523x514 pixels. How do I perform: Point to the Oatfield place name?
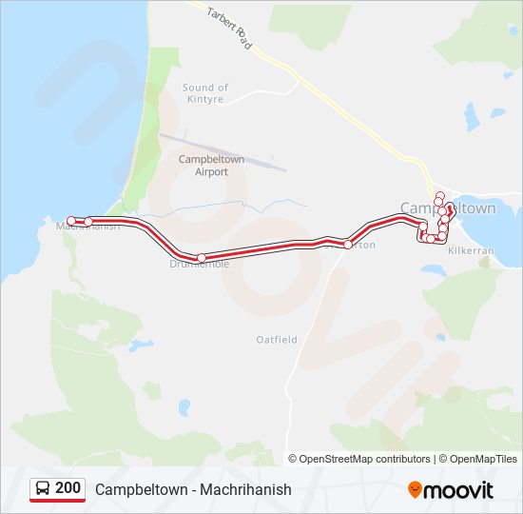tap(277, 339)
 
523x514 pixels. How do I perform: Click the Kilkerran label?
tap(473, 248)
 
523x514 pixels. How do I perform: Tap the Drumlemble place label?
tap(200, 265)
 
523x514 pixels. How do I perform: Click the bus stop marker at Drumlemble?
tap(201, 258)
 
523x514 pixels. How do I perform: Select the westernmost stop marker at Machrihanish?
tap(71, 221)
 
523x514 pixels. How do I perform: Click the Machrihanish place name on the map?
tap(87, 227)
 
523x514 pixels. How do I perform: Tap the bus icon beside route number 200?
tap(43, 489)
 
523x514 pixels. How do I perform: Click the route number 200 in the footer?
tap(68, 488)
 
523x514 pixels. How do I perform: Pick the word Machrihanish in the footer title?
tap(247, 490)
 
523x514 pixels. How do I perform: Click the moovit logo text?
tap(458, 490)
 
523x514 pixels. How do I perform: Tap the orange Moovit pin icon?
tap(415, 489)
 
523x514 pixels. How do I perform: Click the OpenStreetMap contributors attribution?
tap(365, 459)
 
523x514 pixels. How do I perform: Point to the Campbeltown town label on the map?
tap(448, 208)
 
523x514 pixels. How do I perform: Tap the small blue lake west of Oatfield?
tap(141, 345)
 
